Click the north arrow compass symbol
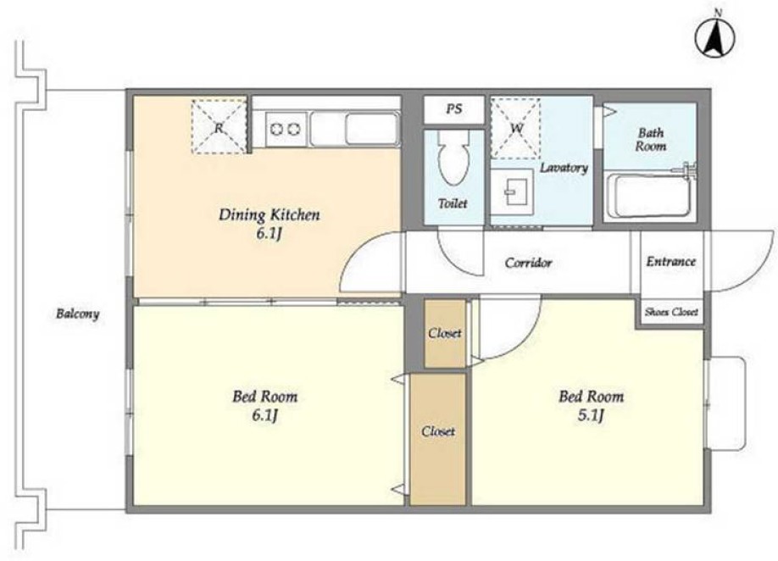715,39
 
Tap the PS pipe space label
453,108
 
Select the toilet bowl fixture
453,158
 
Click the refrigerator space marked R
219,126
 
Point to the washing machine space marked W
515,128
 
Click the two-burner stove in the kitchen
286,130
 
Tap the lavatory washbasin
512,192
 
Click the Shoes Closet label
671,312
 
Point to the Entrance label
671,261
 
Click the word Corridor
528,263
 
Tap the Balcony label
77,314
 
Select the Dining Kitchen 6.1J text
269,224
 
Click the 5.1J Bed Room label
591,405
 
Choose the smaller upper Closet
445,333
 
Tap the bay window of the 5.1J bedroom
727,403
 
